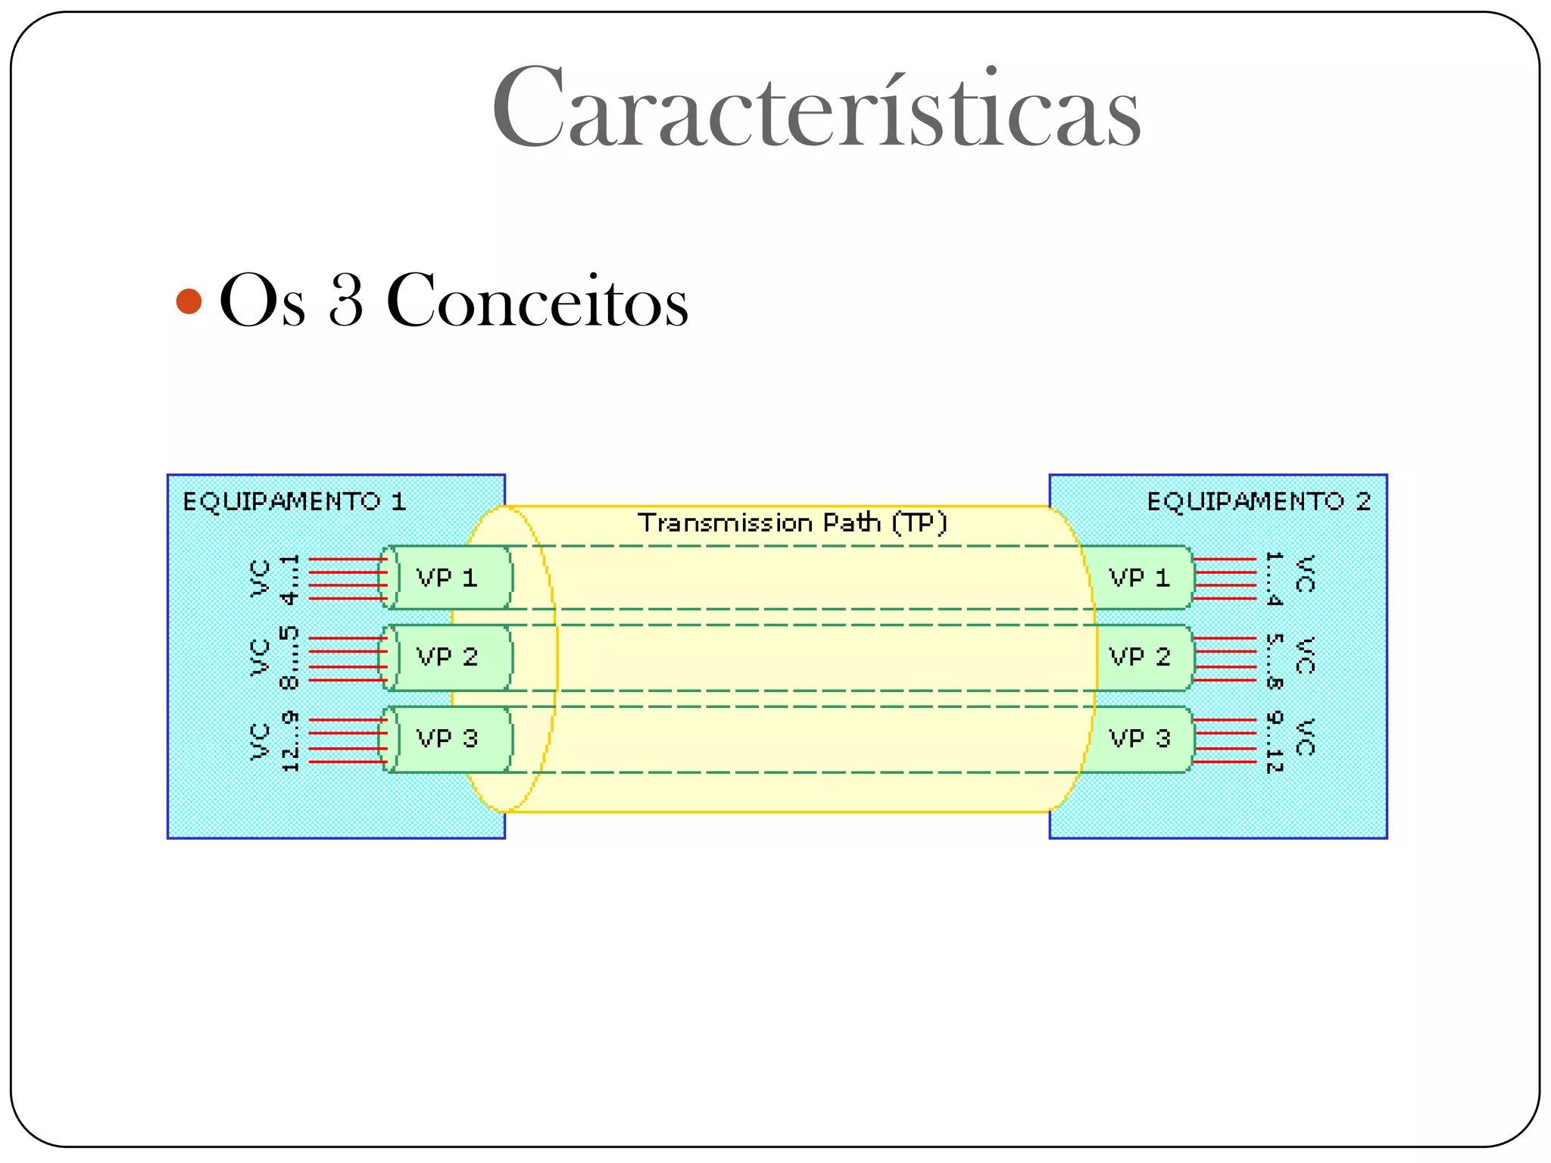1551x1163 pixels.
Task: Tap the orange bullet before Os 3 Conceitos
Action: click(189, 301)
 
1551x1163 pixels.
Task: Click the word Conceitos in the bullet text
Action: click(537, 301)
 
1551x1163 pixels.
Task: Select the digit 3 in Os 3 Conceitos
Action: click(346, 301)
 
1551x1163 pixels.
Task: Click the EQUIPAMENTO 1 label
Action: click(295, 501)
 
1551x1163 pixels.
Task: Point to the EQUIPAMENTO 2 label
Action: click(1259, 501)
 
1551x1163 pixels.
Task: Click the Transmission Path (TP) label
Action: click(792, 522)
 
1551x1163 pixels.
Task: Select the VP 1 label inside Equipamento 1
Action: click(447, 578)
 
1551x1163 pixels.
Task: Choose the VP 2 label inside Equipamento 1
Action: click(447, 656)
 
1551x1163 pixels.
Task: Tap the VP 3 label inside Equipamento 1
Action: click(447, 738)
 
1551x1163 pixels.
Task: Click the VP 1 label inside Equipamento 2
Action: click(1140, 578)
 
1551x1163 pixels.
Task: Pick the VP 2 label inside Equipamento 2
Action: click(1140, 656)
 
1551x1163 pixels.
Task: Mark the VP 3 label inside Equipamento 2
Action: click(1140, 738)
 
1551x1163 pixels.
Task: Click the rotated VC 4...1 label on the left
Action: click(275, 579)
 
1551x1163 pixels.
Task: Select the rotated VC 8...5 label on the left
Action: click(275, 658)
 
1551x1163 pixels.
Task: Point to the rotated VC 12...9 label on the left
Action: click(275, 741)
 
